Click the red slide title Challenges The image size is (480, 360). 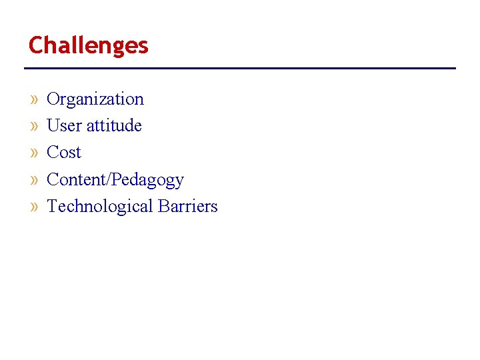pyautogui.click(x=88, y=46)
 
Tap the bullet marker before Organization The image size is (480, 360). pyautogui.click(x=35, y=99)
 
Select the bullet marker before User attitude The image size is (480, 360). pyautogui.click(x=35, y=126)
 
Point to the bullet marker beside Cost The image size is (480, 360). pyautogui.click(x=35, y=153)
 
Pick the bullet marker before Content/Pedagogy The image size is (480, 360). pyautogui.click(x=35, y=180)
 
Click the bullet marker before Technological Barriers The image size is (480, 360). pyautogui.click(x=35, y=207)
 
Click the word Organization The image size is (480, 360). pyautogui.click(x=95, y=99)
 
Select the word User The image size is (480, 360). pyautogui.click(x=63, y=125)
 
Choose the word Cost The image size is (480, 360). pyautogui.click(x=64, y=153)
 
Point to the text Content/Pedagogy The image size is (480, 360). pyautogui.click(x=115, y=180)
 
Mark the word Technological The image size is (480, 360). pyautogui.click(x=100, y=207)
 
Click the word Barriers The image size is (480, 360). pyautogui.click(x=188, y=206)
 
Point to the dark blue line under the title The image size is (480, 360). pyautogui.click(x=240, y=68)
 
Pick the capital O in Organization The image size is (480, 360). pyautogui.click(x=53, y=99)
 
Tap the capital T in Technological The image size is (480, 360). pyautogui.click(x=53, y=206)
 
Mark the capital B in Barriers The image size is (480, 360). pyautogui.click(x=164, y=206)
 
